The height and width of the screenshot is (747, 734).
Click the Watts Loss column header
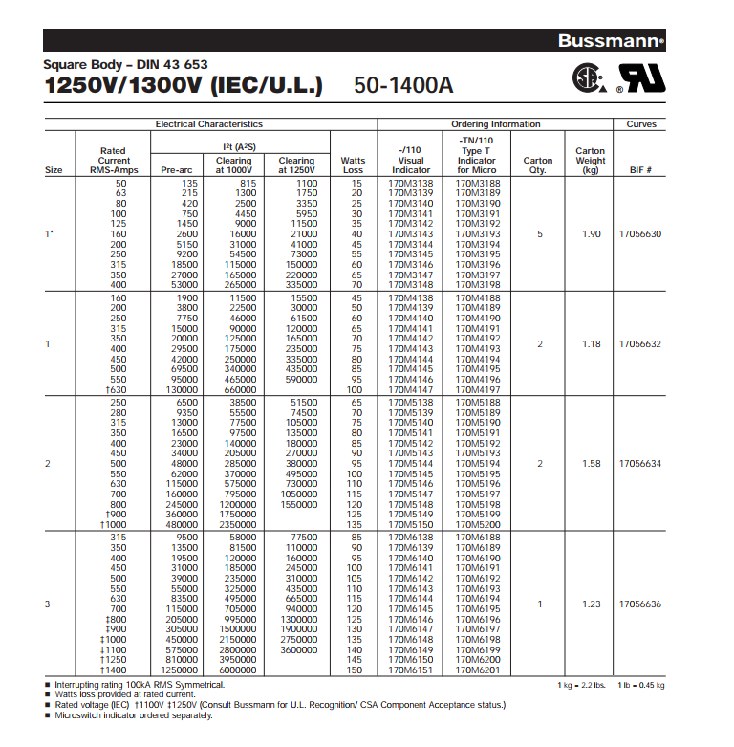pyautogui.click(x=353, y=165)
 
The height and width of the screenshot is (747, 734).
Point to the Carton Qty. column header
pyautogui.click(x=539, y=165)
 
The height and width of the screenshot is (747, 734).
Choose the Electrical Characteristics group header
pyautogui.click(x=209, y=124)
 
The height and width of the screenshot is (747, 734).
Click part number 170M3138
pyautogui.click(x=411, y=183)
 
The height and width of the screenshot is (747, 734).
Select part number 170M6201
pyautogui.click(x=477, y=670)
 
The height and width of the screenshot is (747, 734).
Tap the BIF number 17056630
pyautogui.click(x=641, y=233)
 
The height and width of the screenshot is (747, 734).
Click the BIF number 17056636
pyautogui.click(x=641, y=604)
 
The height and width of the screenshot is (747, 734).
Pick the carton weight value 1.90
pyautogui.click(x=591, y=233)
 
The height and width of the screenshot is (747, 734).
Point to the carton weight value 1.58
pyautogui.click(x=591, y=464)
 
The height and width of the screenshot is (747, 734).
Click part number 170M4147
pyautogui.click(x=411, y=389)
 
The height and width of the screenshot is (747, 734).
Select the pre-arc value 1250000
pyautogui.click(x=179, y=670)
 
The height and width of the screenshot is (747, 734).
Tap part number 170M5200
pyautogui.click(x=477, y=524)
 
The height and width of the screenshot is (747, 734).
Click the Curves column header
pyautogui.click(x=641, y=124)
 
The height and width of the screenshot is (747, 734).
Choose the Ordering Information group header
pyautogui.click(x=495, y=124)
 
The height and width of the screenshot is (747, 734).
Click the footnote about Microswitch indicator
pyautogui.click(x=134, y=715)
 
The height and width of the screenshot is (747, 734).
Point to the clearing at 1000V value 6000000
pyautogui.click(x=234, y=670)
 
